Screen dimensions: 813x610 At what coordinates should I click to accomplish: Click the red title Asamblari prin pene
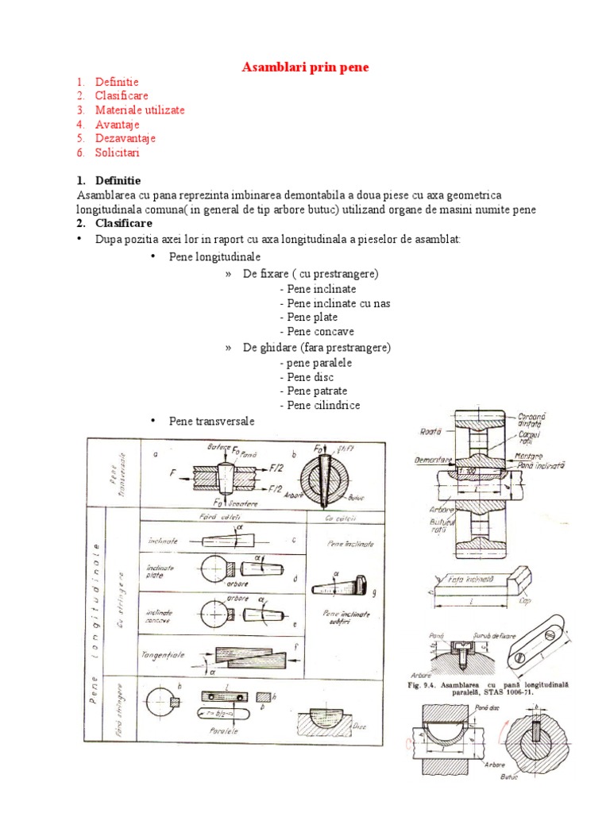305,67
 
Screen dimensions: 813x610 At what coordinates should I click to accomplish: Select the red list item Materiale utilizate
140,110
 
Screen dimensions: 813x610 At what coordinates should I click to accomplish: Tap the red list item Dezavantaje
125,138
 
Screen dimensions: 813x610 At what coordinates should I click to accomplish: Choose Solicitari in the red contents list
118,152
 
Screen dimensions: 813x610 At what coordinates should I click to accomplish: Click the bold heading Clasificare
123,224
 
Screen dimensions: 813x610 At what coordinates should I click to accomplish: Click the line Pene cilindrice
320,406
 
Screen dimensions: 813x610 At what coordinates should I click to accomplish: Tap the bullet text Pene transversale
211,421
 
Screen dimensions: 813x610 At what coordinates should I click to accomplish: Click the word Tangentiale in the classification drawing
163,654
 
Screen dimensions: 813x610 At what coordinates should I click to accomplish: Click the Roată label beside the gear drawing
431,432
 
